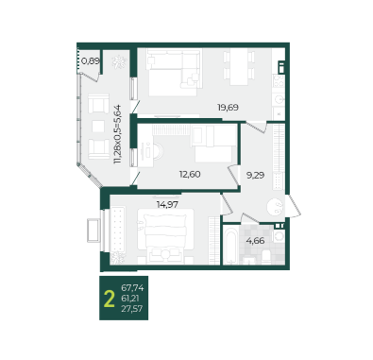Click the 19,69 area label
228,108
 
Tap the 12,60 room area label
190,174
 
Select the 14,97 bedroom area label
167,204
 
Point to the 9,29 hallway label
255,175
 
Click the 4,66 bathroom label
255,241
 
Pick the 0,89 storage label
91,60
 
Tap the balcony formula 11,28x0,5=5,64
118,134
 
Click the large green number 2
109,299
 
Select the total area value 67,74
132,288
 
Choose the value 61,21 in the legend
130,299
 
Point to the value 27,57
132,309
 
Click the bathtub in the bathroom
230,245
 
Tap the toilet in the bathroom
266,257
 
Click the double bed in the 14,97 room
165,236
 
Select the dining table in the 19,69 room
239,66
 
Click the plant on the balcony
119,62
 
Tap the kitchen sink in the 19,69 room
279,99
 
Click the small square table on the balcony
98,127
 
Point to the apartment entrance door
294,205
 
